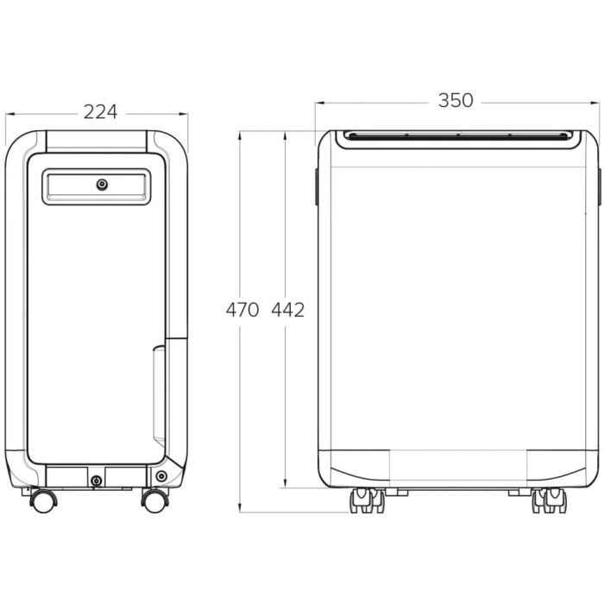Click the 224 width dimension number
100,111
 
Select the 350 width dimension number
455,101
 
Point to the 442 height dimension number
288,310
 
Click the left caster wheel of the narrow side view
41,500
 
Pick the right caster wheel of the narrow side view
155,500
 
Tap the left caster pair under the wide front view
366,500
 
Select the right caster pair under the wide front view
549,500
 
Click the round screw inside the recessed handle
102,184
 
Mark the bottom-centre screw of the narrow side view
96,480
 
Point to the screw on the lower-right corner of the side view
161,476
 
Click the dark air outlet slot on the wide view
456,135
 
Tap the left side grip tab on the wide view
317,186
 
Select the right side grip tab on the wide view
599,186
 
